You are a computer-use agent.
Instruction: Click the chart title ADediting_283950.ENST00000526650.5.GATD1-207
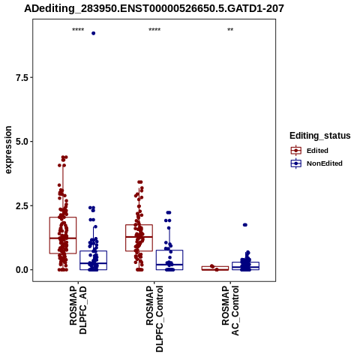[154, 9]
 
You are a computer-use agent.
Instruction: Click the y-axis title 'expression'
[8, 150]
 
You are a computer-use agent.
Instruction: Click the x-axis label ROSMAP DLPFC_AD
[78, 310]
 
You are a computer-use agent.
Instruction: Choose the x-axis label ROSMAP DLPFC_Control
[154, 319]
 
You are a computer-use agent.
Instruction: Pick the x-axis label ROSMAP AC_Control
[230, 310]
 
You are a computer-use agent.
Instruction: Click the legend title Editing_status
[320, 136]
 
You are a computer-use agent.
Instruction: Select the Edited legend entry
[309, 151]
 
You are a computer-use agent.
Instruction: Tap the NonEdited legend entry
[316, 163]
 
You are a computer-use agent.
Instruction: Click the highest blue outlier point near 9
[94, 33]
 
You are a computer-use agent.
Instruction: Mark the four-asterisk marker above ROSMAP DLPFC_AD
[78, 30]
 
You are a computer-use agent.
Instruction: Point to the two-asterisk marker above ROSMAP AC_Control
[230, 30]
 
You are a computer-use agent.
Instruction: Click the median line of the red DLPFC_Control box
[139, 236]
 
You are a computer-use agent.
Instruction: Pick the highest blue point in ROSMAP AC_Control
[245, 225]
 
